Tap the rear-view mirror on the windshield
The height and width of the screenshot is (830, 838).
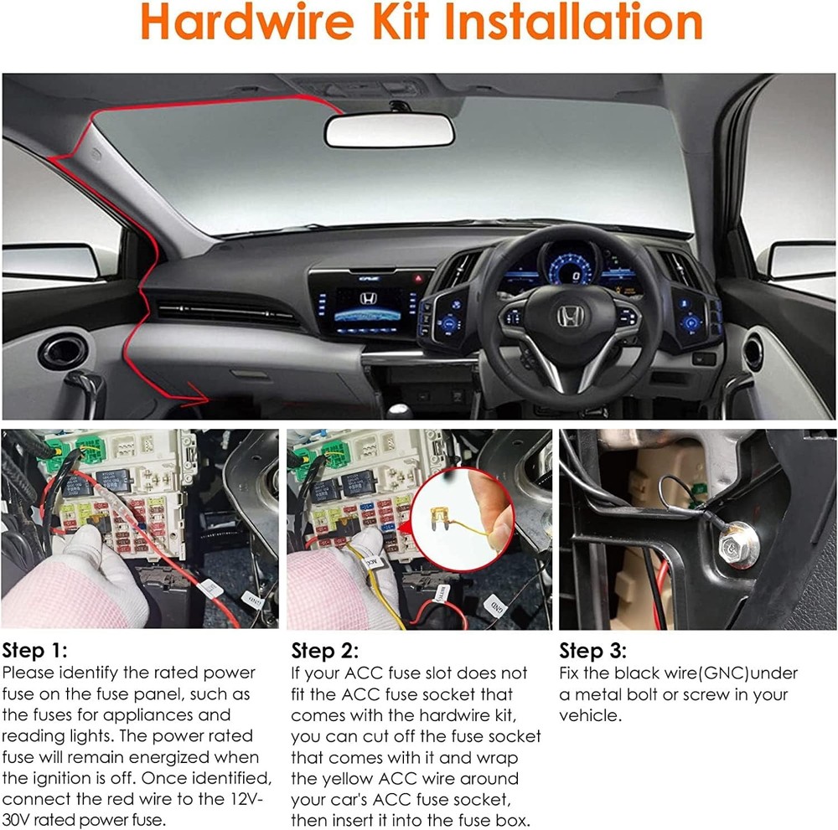pyautogui.click(x=390, y=131)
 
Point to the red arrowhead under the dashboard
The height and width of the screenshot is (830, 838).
pyautogui.click(x=201, y=393)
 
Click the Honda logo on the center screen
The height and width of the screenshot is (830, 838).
pyautogui.click(x=368, y=298)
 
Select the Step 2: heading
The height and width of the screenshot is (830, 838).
pyautogui.click(x=324, y=652)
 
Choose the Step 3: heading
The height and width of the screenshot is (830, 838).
pyautogui.click(x=592, y=652)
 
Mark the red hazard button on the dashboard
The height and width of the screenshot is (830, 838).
pyautogui.click(x=419, y=277)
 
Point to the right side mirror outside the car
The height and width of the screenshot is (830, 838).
pyautogui.click(x=800, y=260)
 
